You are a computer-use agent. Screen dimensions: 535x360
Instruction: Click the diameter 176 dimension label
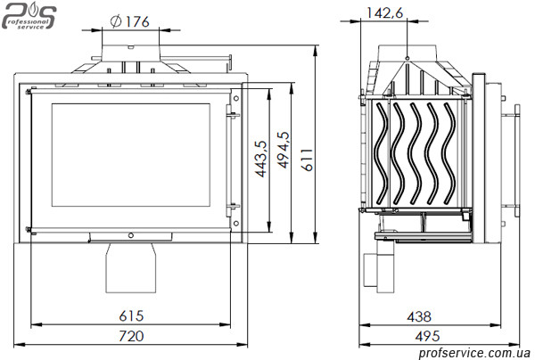[x=130, y=21]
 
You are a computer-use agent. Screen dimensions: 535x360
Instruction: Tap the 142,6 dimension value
[x=384, y=12]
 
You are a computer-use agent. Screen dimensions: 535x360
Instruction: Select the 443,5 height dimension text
[x=261, y=159]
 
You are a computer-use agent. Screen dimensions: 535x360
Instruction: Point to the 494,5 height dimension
[x=284, y=150]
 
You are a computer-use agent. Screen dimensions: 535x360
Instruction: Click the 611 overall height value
[x=308, y=160]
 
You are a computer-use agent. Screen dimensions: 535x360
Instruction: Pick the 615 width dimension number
[x=131, y=316]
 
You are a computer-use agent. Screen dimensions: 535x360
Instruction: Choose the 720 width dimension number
[x=131, y=336]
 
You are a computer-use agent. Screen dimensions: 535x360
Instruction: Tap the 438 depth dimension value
[x=419, y=316]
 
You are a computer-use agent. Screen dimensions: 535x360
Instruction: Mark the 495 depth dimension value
[x=427, y=337]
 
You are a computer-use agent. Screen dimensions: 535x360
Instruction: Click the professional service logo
[x=29, y=16]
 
